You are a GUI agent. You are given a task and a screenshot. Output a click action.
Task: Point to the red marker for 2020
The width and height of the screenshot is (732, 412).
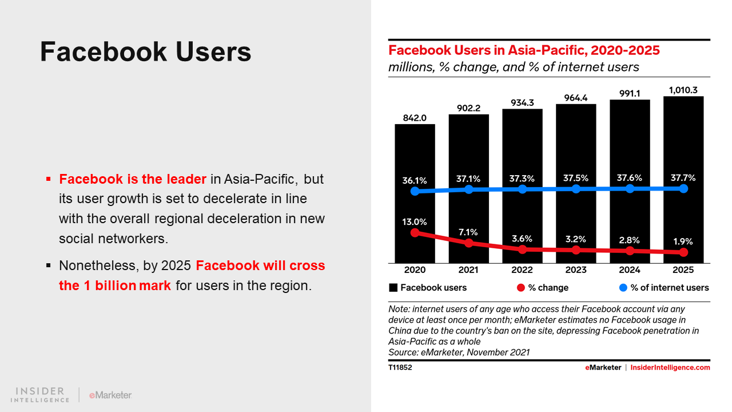click(x=415, y=232)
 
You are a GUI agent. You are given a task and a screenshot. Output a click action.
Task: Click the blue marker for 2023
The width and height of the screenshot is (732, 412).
click(x=576, y=189)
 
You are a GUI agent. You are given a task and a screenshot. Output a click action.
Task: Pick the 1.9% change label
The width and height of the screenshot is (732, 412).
click(x=683, y=241)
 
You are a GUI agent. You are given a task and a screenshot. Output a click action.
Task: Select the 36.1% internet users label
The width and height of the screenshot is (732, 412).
click(x=415, y=180)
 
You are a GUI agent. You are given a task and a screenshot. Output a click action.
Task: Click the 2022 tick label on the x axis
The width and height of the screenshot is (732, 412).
click(x=522, y=270)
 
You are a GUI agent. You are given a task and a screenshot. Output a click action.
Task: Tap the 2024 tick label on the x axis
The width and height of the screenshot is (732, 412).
click(x=630, y=270)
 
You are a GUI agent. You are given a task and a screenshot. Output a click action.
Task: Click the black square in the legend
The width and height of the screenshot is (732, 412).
click(x=393, y=287)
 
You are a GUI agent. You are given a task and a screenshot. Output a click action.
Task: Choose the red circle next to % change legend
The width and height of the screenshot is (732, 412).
click(x=520, y=287)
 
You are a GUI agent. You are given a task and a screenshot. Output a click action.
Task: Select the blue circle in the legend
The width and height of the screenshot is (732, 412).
click(x=623, y=287)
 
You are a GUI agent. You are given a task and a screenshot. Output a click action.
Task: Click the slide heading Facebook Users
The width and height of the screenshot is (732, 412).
click(x=146, y=52)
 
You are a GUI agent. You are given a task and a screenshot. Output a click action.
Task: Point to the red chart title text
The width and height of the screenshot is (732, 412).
click(x=524, y=50)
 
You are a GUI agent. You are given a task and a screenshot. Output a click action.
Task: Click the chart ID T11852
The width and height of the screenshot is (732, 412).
click(x=400, y=367)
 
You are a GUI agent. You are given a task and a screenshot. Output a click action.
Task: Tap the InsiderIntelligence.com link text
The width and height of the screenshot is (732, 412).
click(x=670, y=367)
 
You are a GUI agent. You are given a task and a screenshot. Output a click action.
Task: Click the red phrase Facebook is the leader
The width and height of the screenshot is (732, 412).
click(x=133, y=179)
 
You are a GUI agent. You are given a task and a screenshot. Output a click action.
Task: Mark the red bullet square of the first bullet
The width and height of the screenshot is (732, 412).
click(x=49, y=180)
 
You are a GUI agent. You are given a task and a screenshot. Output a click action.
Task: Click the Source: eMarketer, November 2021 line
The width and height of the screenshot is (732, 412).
click(x=459, y=352)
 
